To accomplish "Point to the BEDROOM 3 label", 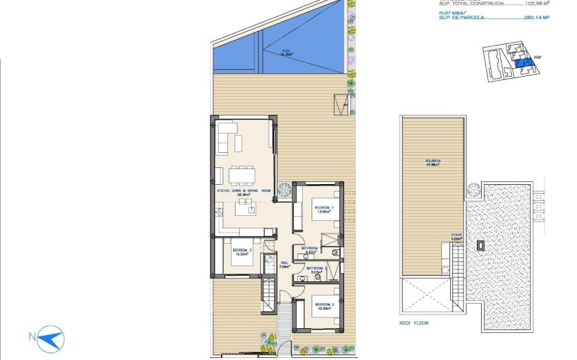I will click(242, 252).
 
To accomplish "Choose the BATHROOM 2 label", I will click(316, 270).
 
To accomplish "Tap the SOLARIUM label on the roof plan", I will click(433, 162).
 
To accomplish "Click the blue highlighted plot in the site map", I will click(523, 64).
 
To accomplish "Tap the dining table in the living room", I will click(242, 175).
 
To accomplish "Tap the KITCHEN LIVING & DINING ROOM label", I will click(244, 192).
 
